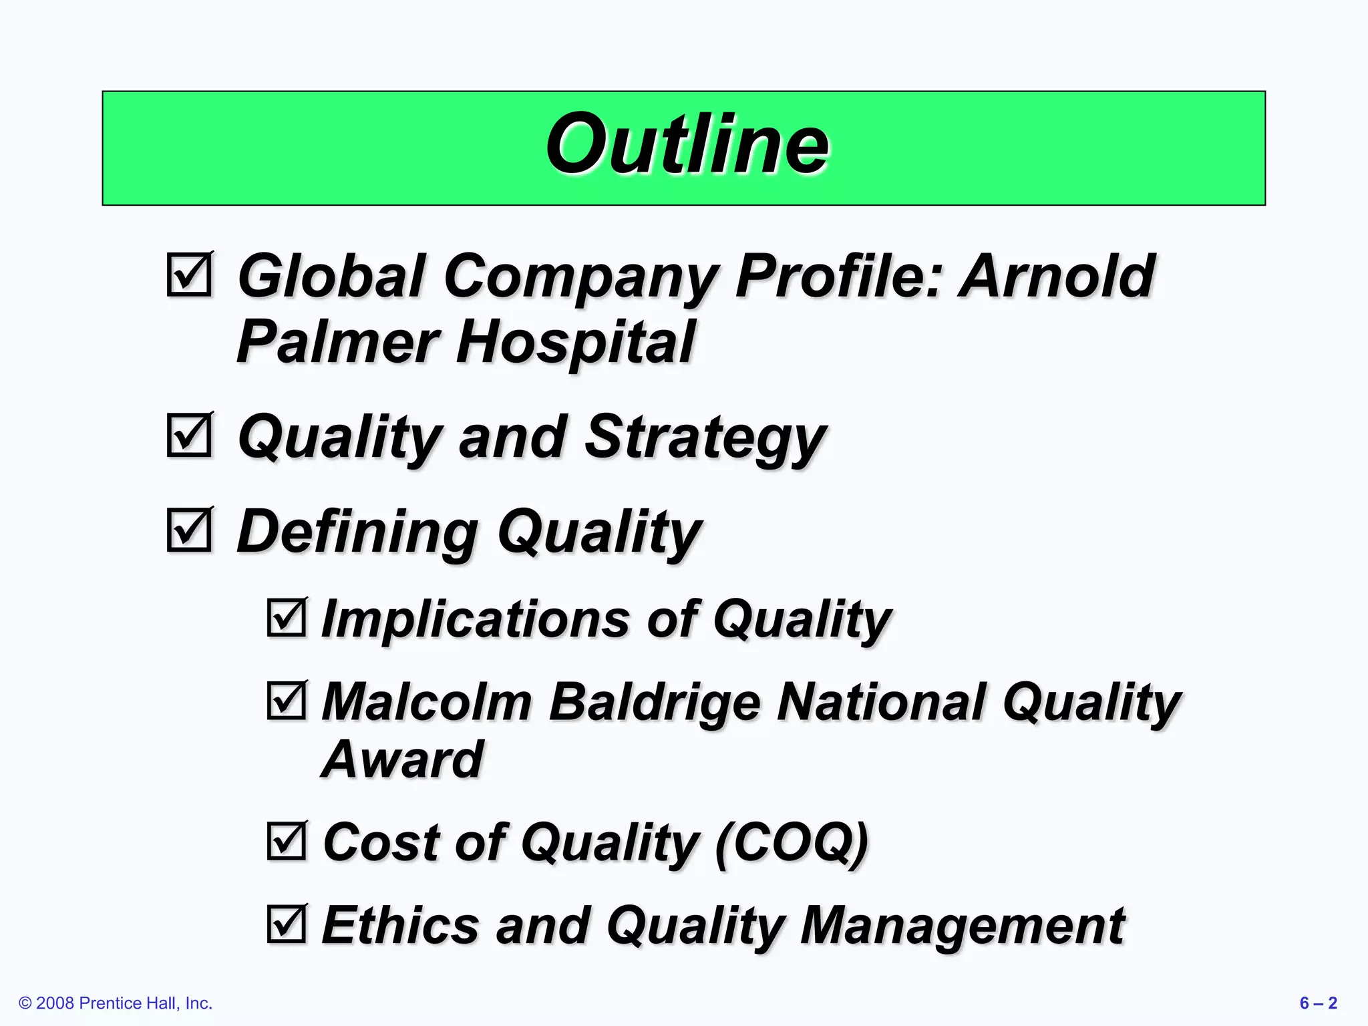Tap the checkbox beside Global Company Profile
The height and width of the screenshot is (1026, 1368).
tap(189, 275)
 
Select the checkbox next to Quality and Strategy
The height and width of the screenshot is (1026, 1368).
tap(189, 436)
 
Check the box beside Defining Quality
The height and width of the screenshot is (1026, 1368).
tap(189, 530)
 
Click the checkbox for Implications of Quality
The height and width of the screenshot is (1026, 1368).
tap(287, 617)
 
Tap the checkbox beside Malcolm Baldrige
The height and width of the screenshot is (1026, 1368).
tap(287, 701)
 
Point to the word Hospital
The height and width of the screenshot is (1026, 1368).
tap(575, 342)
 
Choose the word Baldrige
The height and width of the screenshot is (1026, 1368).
tap(655, 703)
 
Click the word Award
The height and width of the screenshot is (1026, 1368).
tap(402, 759)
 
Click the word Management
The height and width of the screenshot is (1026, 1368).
tap(962, 926)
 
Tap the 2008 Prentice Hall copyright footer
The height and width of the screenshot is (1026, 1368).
tap(116, 1003)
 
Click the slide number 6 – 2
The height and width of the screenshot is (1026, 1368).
tap(1318, 1003)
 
